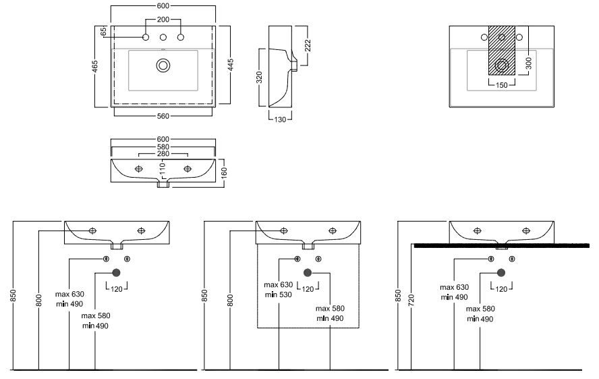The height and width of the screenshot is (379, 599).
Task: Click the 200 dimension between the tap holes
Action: pos(163,20)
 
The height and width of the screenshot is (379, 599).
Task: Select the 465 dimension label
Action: pos(95,66)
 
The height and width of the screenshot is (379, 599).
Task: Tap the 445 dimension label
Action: pos(231,66)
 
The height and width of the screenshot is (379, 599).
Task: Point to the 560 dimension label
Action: pos(163,116)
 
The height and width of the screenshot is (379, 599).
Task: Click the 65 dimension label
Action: pos(104,31)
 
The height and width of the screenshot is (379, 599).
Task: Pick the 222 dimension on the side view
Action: pos(308,45)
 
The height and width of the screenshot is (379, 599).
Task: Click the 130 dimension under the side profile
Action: pos(280,120)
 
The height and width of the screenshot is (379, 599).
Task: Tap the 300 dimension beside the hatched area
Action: pos(528,64)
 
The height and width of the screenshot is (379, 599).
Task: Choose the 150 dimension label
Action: pos(501,85)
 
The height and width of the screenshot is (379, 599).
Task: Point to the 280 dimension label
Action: pos(163,154)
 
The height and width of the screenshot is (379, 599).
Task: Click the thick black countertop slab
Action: pos(499,245)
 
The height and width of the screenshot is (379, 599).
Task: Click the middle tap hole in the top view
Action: pos(163,37)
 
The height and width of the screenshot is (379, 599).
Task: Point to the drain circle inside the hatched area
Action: pos(502,66)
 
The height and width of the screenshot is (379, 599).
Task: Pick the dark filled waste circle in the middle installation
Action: pos(308,272)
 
